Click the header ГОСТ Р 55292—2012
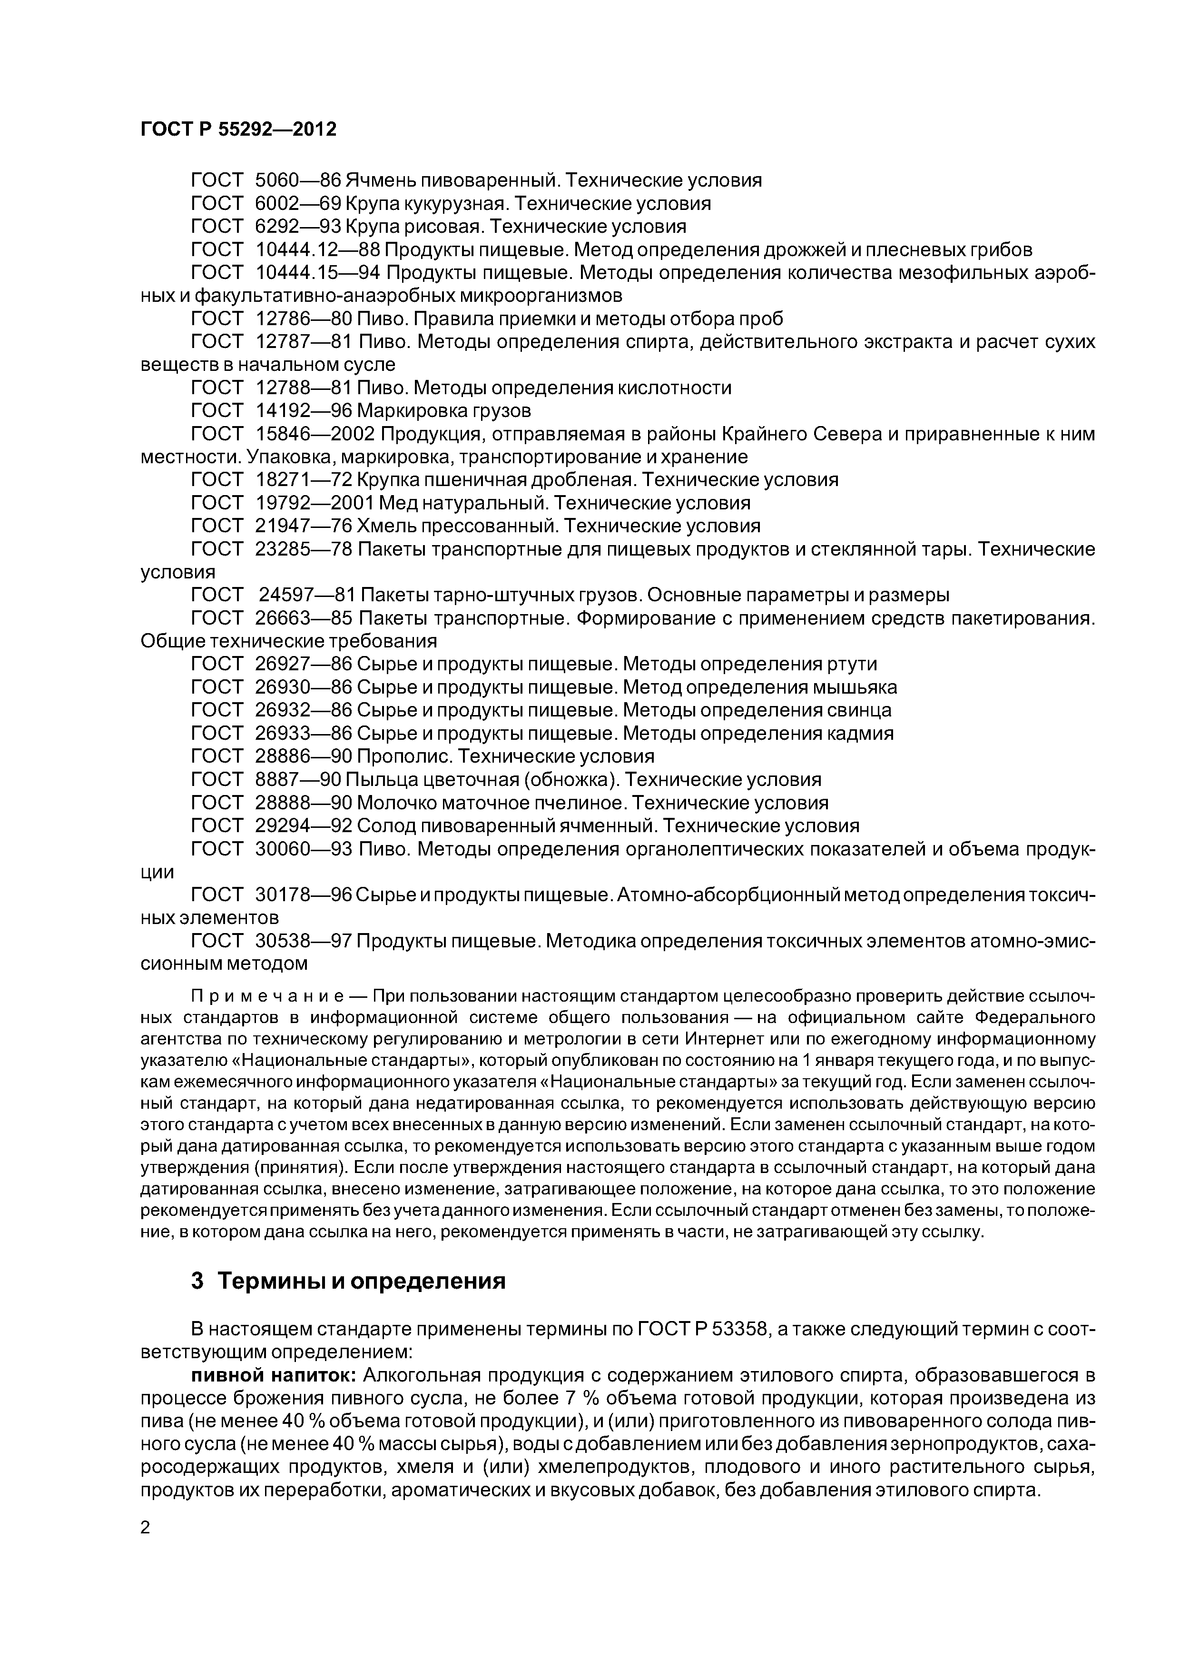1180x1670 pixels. (238, 129)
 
